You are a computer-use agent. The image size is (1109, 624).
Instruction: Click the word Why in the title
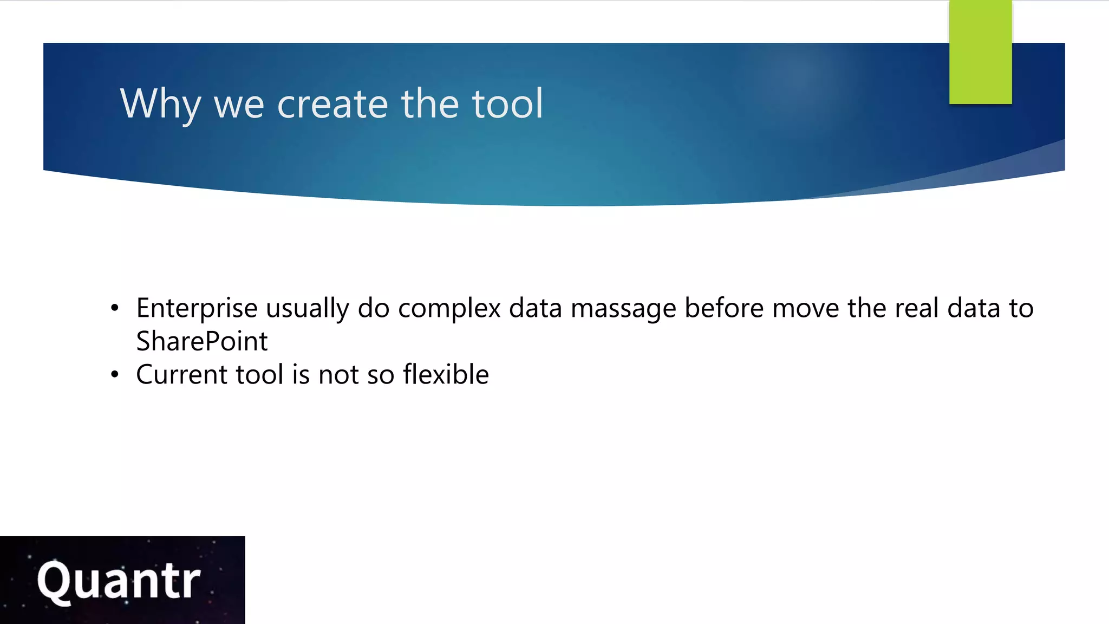(x=160, y=104)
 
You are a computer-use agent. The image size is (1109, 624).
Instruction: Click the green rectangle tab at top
(x=980, y=52)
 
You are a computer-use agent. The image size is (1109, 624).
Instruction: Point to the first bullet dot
(x=114, y=309)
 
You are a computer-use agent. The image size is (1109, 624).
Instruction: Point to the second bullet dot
(x=114, y=375)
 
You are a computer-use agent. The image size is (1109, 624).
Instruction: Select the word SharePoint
(x=201, y=342)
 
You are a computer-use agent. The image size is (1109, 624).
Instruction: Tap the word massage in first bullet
(x=623, y=309)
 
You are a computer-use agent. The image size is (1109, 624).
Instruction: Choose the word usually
(x=307, y=309)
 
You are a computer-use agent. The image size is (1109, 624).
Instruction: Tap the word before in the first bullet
(x=724, y=309)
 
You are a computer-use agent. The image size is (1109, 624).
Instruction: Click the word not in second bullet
(x=338, y=375)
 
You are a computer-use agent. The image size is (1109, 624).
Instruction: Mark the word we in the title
(x=239, y=104)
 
